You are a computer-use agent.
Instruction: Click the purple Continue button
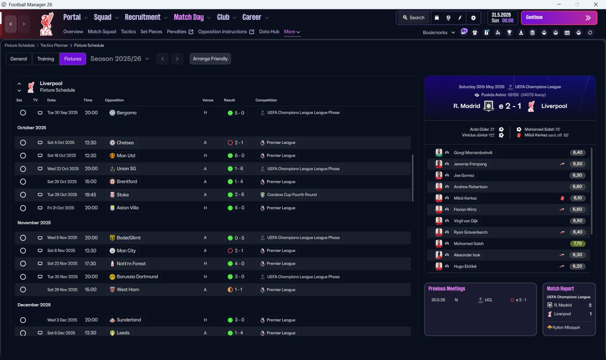[x=559, y=18]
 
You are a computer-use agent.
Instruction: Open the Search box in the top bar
[x=414, y=18]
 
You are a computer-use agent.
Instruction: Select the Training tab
[x=45, y=59]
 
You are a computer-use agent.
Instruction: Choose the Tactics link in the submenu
[x=128, y=32]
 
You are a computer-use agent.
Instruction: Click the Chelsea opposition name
[x=125, y=143]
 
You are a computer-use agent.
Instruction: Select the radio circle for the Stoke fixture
[x=23, y=195]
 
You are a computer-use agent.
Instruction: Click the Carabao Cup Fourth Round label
[x=292, y=195]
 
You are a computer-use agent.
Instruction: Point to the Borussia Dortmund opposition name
[x=137, y=277]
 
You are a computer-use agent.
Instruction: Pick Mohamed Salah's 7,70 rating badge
[x=578, y=243]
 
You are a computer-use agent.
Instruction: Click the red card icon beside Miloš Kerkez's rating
[x=562, y=198]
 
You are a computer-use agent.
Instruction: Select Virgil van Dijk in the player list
[x=465, y=221]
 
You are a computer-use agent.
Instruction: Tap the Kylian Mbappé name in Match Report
[x=566, y=327]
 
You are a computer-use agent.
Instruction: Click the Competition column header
[x=266, y=100]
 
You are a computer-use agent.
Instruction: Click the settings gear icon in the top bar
[x=473, y=18]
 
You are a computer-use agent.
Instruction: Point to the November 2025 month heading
[x=34, y=223]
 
